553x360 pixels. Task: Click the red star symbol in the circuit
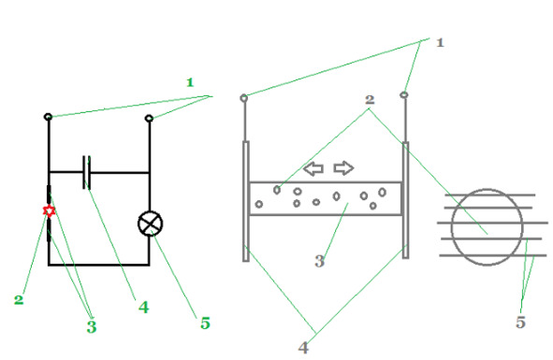pos(49,210)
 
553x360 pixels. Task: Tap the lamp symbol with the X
pos(151,223)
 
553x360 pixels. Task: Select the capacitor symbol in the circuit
pos(87,172)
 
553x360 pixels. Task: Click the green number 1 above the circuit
pos(190,82)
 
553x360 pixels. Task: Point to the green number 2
pos(19,300)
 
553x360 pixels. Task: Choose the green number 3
pos(92,326)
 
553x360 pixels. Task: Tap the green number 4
pos(143,308)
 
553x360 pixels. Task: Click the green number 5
pos(205,323)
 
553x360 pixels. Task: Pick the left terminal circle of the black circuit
pos(49,117)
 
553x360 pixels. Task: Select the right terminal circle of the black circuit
pos(149,118)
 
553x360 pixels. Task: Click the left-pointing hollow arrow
pos(313,168)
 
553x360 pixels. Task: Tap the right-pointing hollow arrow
pos(343,167)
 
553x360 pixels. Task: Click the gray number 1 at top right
pos(440,43)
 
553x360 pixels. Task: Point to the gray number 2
pos(370,99)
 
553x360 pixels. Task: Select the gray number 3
pos(319,261)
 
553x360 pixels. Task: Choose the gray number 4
pos(303,348)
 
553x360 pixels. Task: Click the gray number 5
pos(520,322)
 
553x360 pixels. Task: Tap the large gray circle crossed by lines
pos(452,227)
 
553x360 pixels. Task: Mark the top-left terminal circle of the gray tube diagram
pos(243,98)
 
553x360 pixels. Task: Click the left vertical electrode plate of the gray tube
pos(246,201)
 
